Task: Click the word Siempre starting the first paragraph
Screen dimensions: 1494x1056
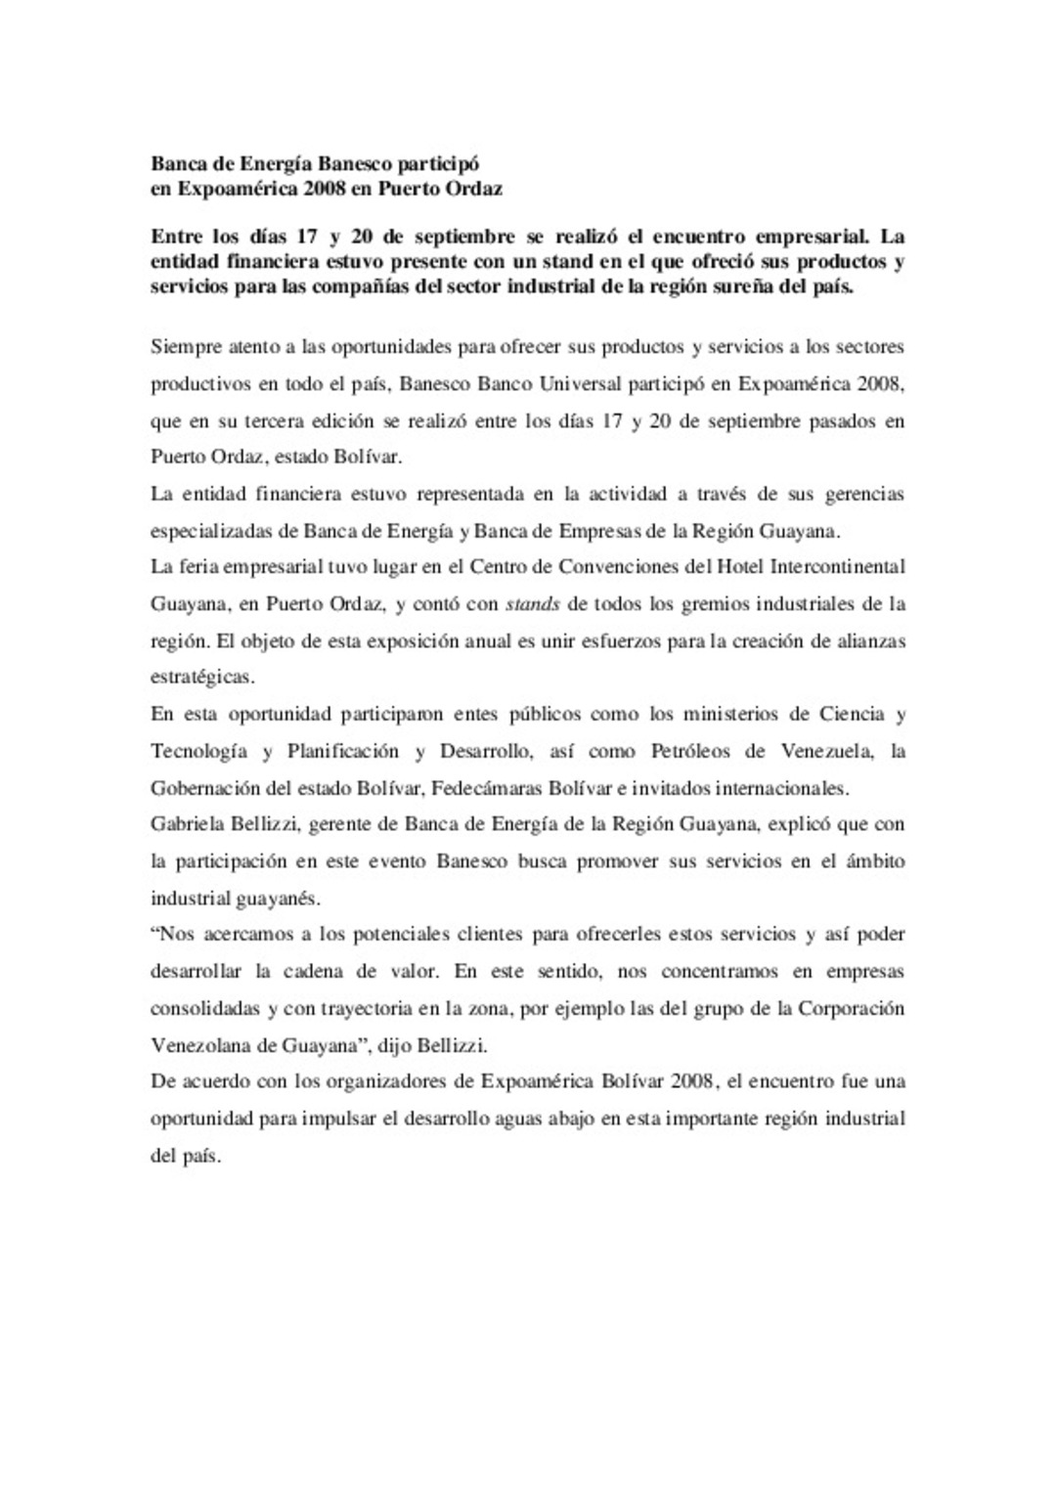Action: pyautogui.click(x=185, y=347)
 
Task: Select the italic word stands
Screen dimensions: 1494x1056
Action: pyautogui.click(x=532, y=604)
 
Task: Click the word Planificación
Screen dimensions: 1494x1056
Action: pyautogui.click(x=343, y=751)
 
